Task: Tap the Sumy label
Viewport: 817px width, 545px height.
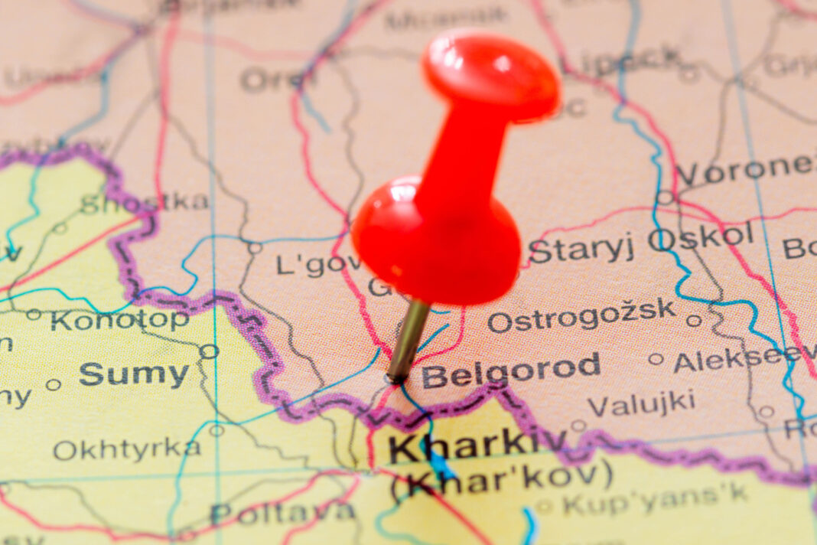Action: (x=134, y=374)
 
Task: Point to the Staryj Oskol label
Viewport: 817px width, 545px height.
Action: (x=641, y=243)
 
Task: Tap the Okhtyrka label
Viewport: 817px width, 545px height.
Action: (x=127, y=449)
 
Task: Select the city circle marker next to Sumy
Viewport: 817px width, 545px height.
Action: (x=209, y=351)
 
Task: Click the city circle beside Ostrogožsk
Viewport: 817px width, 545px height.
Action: (x=694, y=321)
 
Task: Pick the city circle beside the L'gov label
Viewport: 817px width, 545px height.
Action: (x=255, y=247)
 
